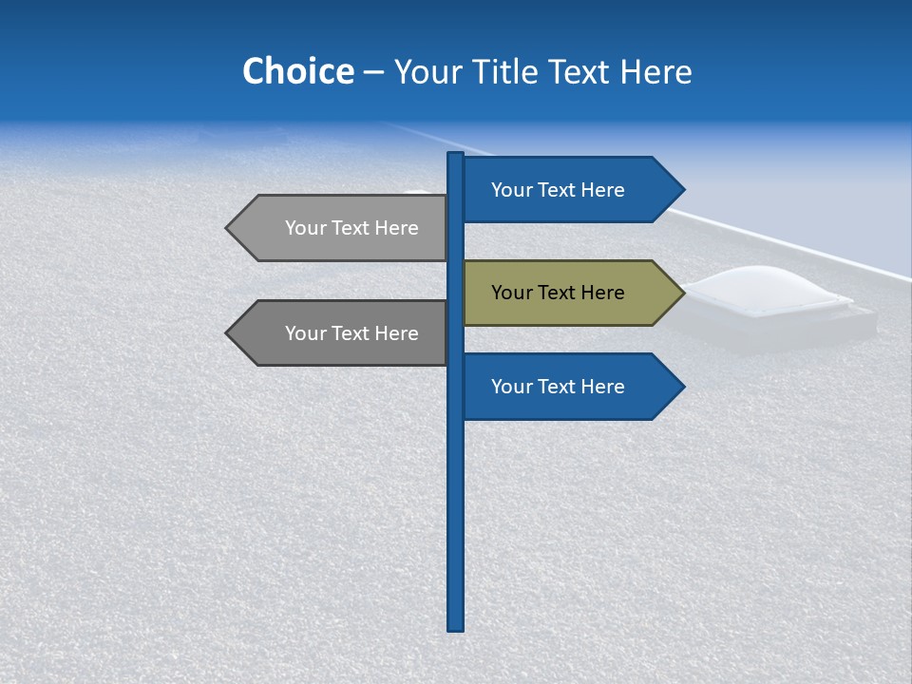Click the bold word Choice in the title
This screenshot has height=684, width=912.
click(297, 71)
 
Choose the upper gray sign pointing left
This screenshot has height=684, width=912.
click(342, 228)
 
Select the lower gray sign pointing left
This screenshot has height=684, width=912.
click(342, 333)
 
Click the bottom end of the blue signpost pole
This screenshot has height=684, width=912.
click(455, 626)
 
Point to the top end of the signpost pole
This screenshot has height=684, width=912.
click(455, 156)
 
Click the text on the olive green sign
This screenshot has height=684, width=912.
click(558, 293)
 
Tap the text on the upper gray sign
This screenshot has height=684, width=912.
click(351, 228)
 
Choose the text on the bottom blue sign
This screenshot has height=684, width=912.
click(558, 387)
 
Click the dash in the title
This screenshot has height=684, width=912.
click(373, 72)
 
